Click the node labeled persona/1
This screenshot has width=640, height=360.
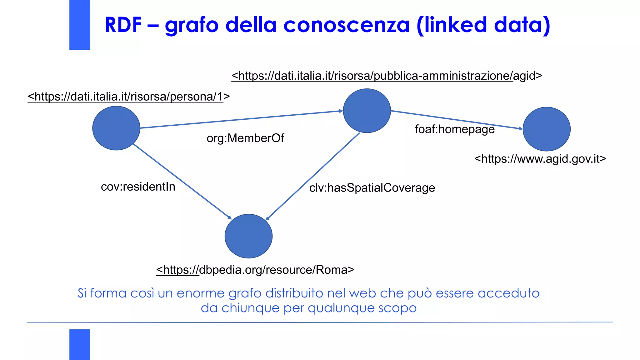tap(116, 128)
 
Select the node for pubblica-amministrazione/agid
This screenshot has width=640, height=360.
tap(367, 111)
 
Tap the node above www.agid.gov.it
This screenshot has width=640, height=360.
tap(547, 129)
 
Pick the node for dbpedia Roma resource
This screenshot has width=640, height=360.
tap(248, 236)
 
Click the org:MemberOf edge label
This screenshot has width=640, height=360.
tap(245, 138)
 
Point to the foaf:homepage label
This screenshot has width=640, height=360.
tap(455, 129)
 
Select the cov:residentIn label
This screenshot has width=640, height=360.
tap(138, 187)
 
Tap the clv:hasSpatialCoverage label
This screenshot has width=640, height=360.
tap(372, 188)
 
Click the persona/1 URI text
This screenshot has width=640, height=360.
tap(129, 97)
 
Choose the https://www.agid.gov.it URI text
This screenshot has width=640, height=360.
tap(540, 159)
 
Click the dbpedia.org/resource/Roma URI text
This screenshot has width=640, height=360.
tap(255, 270)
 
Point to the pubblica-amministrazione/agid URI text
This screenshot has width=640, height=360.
tap(387, 76)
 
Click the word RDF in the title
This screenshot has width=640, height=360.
tap(123, 25)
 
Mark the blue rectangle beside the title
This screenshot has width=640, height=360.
tap(80, 25)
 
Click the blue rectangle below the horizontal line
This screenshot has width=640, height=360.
tap(80, 344)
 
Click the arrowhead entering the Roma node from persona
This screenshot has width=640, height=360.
tap(230, 217)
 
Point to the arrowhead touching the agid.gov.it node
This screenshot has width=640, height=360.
tap(521, 128)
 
